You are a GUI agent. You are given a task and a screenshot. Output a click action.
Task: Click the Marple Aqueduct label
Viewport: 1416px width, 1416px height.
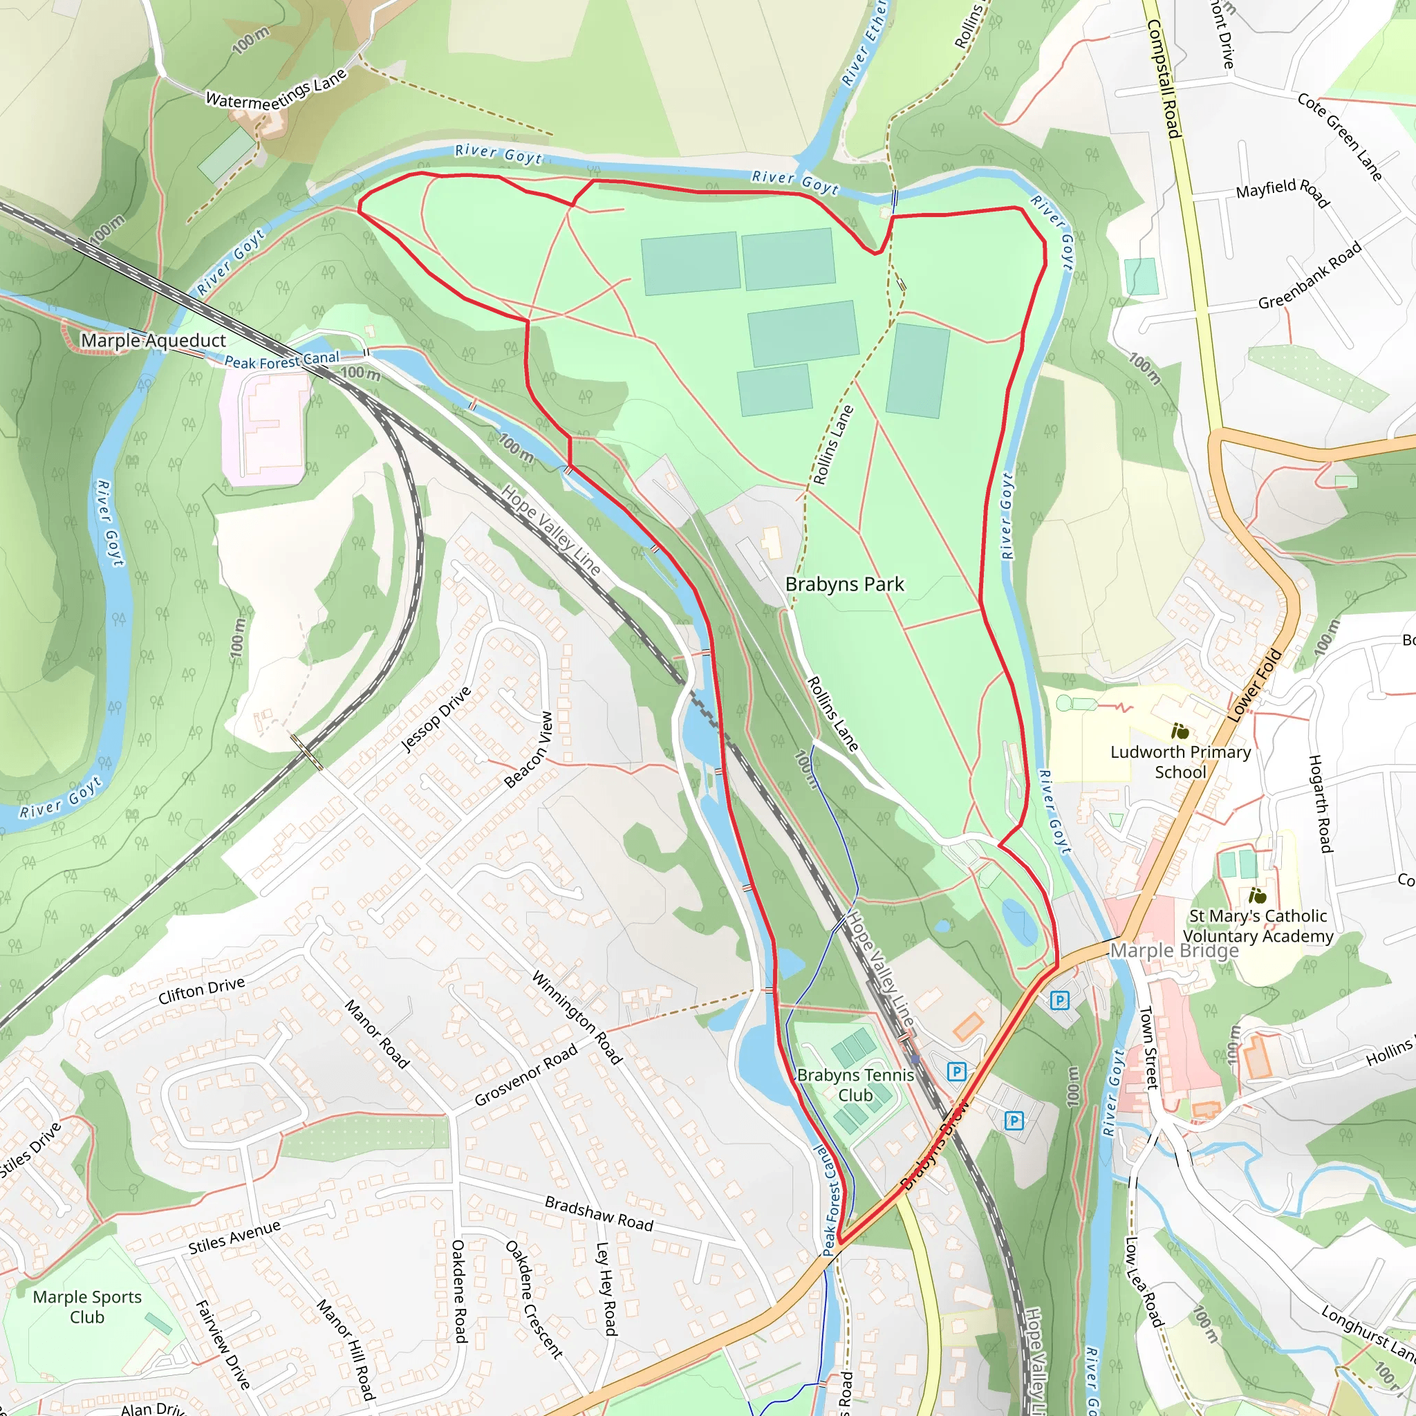coord(153,340)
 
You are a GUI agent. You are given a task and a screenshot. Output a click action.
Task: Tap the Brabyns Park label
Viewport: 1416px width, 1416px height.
coord(844,584)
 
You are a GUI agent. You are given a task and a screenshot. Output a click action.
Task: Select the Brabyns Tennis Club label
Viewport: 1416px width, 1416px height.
coord(855,1085)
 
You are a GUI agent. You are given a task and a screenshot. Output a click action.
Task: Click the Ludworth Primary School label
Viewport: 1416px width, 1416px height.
coord(1180,761)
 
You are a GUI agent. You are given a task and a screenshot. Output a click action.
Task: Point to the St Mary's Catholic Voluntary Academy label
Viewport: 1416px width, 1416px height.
coord(1258,926)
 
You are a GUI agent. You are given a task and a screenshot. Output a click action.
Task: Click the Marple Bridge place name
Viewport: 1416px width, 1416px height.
coord(1174,951)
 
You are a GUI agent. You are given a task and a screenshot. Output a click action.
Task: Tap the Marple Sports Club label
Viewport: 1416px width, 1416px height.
coord(87,1307)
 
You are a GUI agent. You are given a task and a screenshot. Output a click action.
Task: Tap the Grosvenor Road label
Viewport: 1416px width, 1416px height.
coord(525,1075)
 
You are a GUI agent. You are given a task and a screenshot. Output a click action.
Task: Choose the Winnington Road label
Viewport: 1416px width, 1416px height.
coord(577,1017)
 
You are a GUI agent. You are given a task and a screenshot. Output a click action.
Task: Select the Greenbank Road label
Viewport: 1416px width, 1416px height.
coord(1310,276)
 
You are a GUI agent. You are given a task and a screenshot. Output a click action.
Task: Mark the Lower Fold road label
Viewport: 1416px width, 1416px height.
coord(1254,685)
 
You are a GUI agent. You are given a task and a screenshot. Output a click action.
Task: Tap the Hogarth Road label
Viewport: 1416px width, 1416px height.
coord(1321,803)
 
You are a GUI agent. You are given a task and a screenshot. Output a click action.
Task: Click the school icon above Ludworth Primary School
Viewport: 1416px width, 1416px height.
coord(1180,731)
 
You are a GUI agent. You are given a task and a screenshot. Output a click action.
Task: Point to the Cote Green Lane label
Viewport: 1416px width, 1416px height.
coord(1339,137)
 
